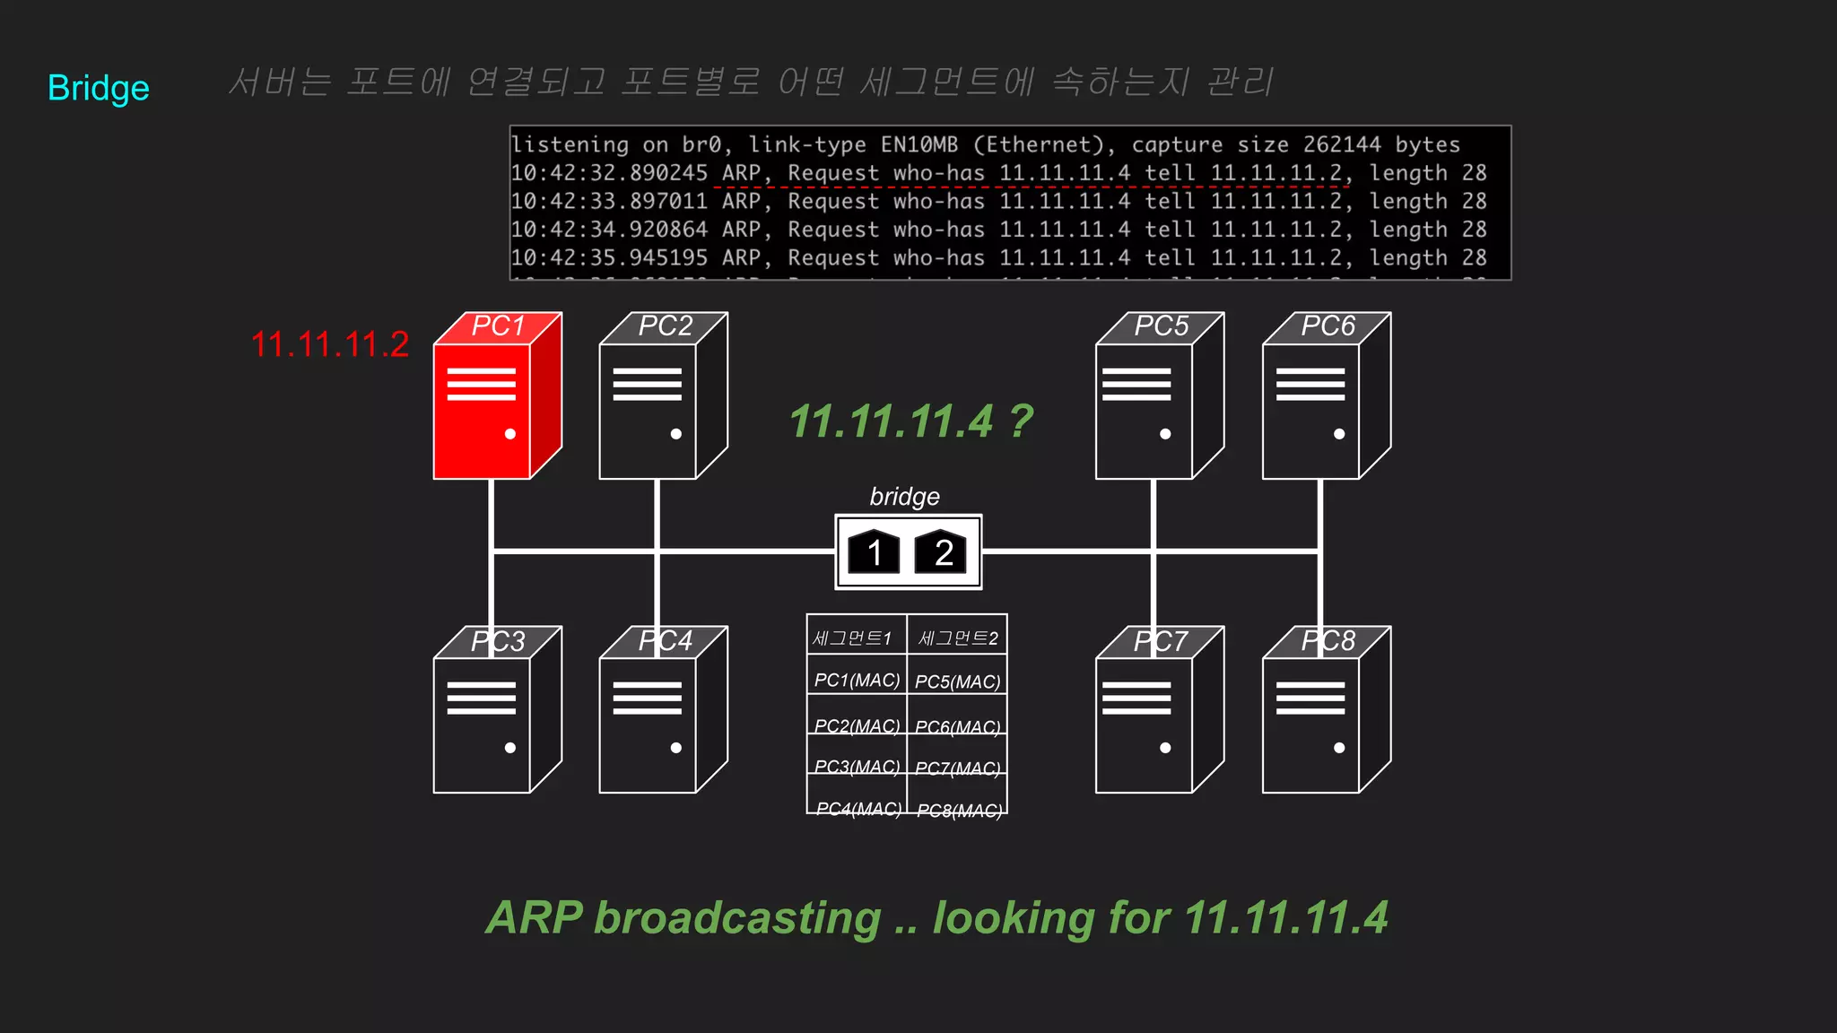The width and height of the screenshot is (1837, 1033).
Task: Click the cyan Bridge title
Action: pos(99,88)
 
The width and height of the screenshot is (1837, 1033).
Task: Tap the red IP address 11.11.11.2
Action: pos(329,345)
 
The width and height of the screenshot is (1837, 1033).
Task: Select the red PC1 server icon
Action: pos(489,404)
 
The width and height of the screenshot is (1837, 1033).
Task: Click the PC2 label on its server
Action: pos(665,326)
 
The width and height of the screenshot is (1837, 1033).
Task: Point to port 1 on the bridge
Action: pos(873,551)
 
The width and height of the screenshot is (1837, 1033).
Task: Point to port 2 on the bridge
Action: pos(942,551)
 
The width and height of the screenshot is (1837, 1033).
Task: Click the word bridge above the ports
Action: pos(904,496)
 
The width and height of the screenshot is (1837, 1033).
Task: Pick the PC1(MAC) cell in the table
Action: pos(857,681)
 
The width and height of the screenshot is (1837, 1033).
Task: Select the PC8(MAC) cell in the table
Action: pos(958,810)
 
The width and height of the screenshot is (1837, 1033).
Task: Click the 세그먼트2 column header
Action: pos(957,638)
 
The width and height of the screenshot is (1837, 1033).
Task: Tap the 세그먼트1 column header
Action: pos(852,638)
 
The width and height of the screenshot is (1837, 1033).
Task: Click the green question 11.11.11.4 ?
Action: pos(910,421)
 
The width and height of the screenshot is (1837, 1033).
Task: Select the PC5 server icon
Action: pos(1152,404)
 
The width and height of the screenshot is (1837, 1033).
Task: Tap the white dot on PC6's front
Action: pos(1339,434)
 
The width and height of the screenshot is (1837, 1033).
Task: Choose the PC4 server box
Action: pos(655,717)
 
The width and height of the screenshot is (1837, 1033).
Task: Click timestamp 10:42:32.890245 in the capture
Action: pos(609,173)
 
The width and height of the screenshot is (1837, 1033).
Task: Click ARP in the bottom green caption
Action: pos(535,918)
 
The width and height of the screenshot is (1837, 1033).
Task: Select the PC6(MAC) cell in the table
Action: pos(958,726)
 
